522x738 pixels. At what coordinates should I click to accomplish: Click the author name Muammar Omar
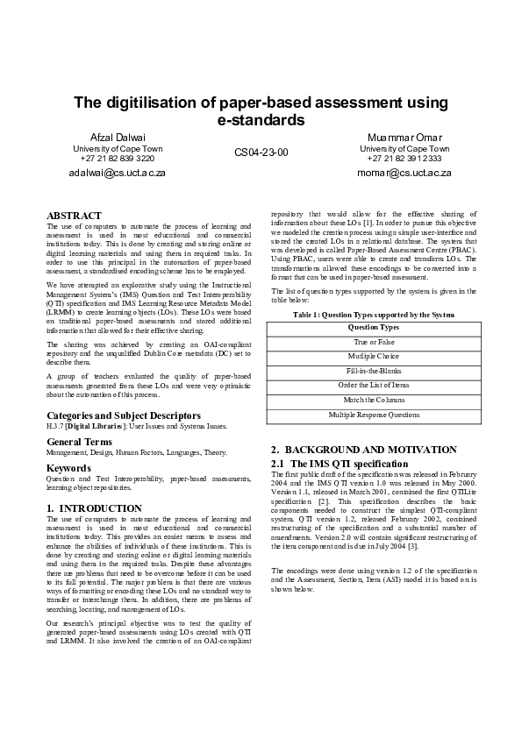pos(404,138)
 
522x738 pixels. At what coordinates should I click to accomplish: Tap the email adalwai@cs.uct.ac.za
pos(118,173)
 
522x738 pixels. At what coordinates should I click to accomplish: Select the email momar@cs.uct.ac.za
pos(404,173)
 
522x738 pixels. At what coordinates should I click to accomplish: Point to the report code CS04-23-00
pos(261,153)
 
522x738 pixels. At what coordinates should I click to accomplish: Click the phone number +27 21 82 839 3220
pos(118,159)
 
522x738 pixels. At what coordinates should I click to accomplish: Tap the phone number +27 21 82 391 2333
pos(404,159)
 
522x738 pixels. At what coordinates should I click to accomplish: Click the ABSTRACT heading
pos(74,215)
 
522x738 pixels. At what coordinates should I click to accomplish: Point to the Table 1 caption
pos(374,314)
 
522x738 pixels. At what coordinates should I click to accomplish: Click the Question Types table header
pos(374,327)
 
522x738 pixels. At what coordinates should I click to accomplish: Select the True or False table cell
pos(374,342)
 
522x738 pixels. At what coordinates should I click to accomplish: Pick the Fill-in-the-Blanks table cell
pos(374,371)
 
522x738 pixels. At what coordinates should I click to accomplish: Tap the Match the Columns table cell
pos(374,400)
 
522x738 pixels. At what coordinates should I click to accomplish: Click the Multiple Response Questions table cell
pos(374,415)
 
